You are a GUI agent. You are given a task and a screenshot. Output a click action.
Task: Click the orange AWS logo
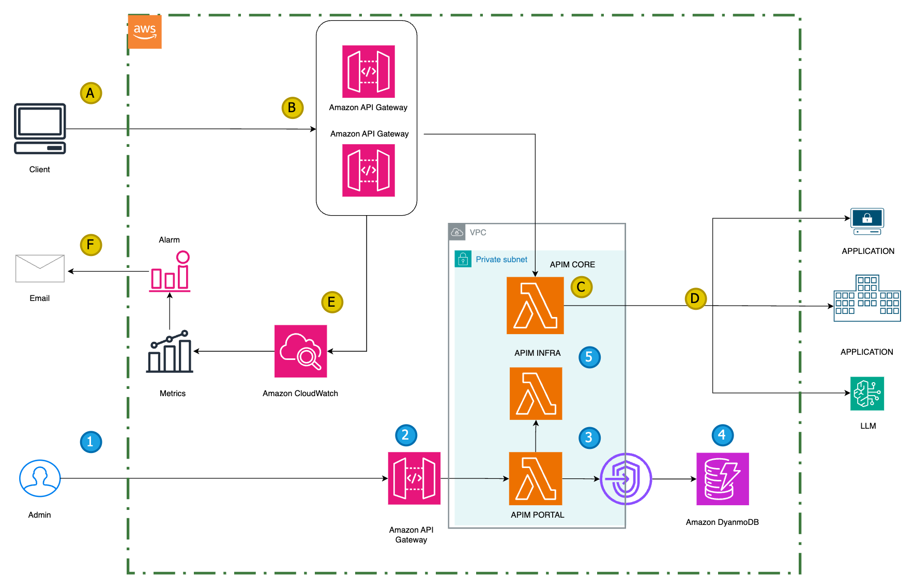[x=145, y=32]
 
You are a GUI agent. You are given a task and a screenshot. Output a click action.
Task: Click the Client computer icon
[x=40, y=128]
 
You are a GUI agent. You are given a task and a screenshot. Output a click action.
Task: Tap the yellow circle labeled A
[x=91, y=93]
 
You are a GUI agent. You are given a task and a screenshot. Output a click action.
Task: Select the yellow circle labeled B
[x=292, y=108]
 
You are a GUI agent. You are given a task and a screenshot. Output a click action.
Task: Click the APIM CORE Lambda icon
[x=535, y=305]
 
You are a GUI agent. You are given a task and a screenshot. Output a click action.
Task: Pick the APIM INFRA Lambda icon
[x=536, y=393]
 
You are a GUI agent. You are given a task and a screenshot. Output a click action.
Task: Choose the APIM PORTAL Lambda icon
[x=535, y=478]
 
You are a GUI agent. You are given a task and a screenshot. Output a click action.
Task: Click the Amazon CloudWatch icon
[x=300, y=351]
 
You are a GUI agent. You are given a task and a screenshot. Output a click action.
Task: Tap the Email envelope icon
[x=40, y=268]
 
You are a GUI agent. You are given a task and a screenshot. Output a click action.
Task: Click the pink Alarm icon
[x=170, y=272]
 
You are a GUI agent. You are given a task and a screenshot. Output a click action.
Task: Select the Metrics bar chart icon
[x=170, y=352]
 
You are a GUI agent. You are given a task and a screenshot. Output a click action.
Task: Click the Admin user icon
[x=40, y=478]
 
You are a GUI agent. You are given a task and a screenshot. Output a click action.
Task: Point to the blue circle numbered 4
[x=722, y=435]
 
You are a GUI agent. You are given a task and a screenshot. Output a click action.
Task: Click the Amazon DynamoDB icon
[x=722, y=479]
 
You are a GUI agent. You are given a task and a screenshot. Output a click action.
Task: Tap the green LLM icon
[x=867, y=394]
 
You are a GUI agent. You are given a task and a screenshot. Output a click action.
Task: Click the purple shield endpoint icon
[x=626, y=479]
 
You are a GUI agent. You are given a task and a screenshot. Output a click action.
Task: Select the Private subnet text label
[x=501, y=260]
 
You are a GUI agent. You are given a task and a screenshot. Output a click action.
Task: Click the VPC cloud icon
[x=457, y=232]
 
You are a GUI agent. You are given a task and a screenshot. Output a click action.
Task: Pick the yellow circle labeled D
[x=695, y=298]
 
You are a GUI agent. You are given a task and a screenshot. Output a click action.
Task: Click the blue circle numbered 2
[x=406, y=435]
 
